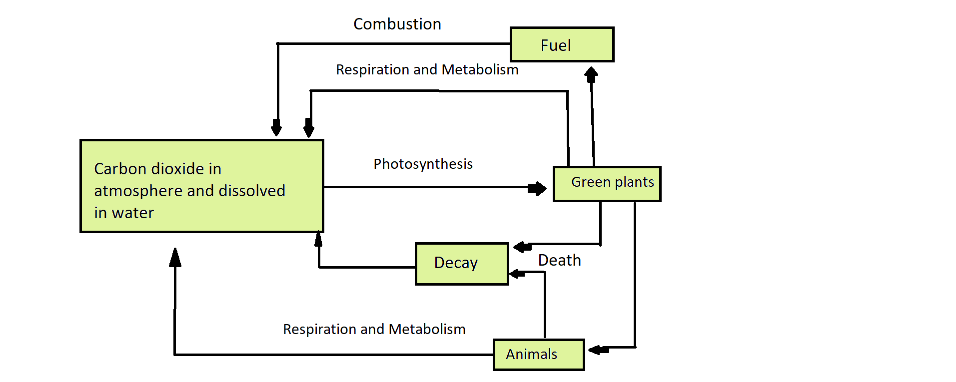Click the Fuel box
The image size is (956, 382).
coord(562,45)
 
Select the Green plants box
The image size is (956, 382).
coord(607,184)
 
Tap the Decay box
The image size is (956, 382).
coord(461,264)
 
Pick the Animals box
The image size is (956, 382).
coord(538,355)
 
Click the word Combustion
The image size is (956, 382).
coord(397,24)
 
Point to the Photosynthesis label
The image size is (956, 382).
coord(423,164)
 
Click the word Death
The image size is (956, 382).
coord(559,260)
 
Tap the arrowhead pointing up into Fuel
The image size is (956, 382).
coord(591,74)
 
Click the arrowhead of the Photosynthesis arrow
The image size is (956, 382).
coord(538,189)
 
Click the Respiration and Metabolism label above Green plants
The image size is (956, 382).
coord(427,69)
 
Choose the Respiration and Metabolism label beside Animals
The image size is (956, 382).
coord(374,329)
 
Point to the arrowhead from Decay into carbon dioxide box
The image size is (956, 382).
coord(318,240)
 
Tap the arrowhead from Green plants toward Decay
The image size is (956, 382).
coord(522,247)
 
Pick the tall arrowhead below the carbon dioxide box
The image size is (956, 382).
coord(175,258)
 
